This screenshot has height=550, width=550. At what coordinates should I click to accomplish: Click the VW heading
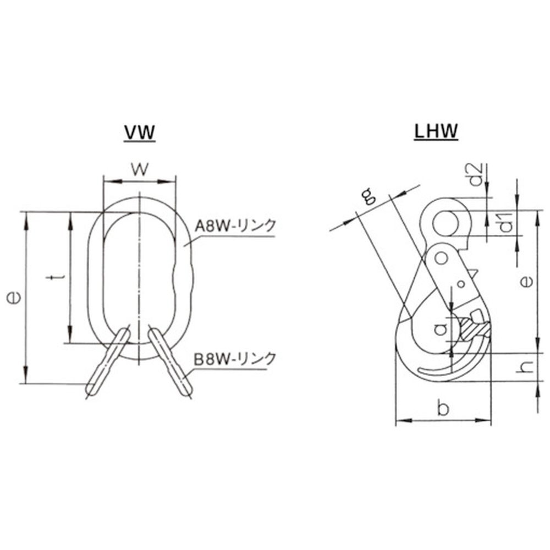pos(140,133)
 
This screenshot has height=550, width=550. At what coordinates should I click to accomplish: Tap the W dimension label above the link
pos(140,169)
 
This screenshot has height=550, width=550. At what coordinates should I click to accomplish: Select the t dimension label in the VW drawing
pos(56,277)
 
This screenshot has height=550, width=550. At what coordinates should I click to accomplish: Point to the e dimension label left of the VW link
pos(14,298)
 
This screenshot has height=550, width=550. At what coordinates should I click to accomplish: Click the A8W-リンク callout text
pos(235,226)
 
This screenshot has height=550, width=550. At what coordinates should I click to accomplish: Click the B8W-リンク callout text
pos(235,360)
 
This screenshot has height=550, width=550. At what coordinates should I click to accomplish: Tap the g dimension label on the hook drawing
pos(368,196)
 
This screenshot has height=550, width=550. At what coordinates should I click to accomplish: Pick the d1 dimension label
pos(505,223)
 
